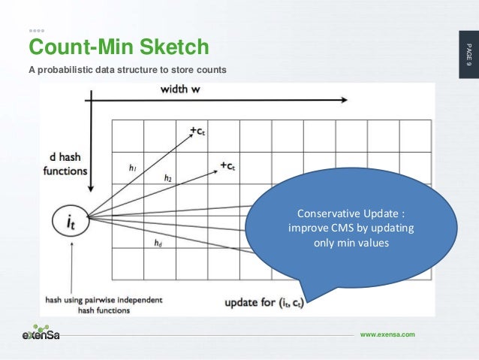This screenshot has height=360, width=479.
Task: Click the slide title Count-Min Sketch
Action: pyautogui.click(x=118, y=48)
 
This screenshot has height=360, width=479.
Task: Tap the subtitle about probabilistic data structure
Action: pyautogui.click(x=127, y=71)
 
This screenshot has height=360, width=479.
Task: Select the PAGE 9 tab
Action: pyautogui.click(x=466, y=56)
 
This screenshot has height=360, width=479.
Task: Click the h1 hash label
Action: pyautogui.click(x=131, y=168)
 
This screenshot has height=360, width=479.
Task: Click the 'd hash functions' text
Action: pyautogui.click(x=66, y=164)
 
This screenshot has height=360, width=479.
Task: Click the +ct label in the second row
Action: pyautogui.click(x=230, y=163)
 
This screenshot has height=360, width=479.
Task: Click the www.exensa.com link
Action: pyautogui.click(x=387, y=334)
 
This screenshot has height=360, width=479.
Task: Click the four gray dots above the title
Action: pyautogui.click(x=37, y=32)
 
